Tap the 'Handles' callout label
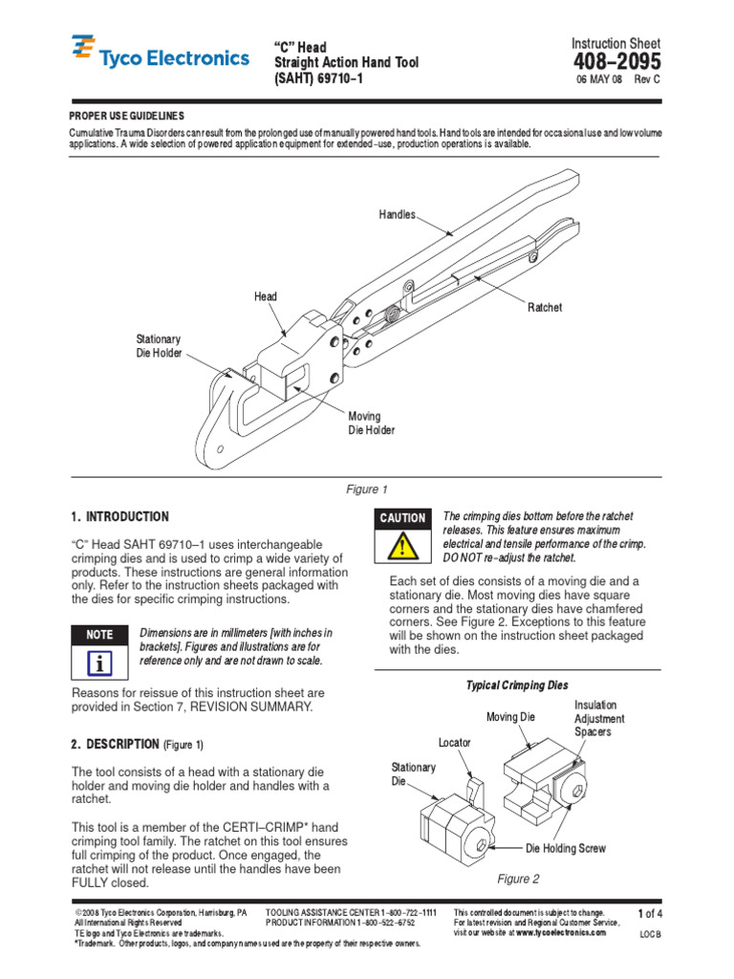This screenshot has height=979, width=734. [x=398, y=214]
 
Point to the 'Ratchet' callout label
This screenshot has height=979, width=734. [x=545, y=307]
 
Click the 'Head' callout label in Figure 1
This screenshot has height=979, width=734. [x=266, y=296]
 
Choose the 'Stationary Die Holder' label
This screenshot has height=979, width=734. [x=159, y=346]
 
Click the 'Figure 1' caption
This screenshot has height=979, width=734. [x=367, y=489]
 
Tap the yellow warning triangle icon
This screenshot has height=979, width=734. [x=402, y=548]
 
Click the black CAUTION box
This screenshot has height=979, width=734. [x=402, y=517]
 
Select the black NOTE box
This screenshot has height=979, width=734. [x=99, y=634]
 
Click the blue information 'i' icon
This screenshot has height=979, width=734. [x=99, y=664]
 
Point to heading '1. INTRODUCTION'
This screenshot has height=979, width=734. [x=120, y=516]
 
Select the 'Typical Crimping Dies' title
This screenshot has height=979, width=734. [x=516, y=685]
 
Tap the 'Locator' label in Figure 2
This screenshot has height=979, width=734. [x=455, y=742]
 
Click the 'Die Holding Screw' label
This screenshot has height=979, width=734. [x=566, y=848]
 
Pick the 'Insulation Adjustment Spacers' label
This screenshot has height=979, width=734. [x=599, y=718]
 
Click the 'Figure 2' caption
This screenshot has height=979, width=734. [x=518, y=879]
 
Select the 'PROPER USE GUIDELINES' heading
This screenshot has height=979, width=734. [x=127, y=115]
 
